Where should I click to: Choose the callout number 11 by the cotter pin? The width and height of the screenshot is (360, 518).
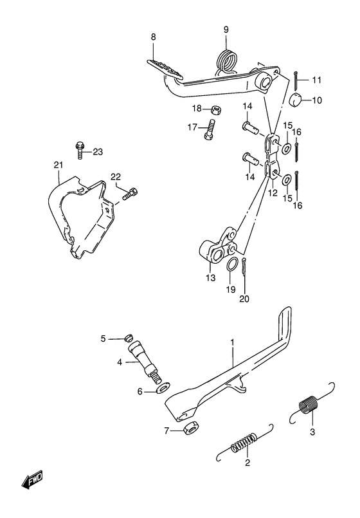316,80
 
